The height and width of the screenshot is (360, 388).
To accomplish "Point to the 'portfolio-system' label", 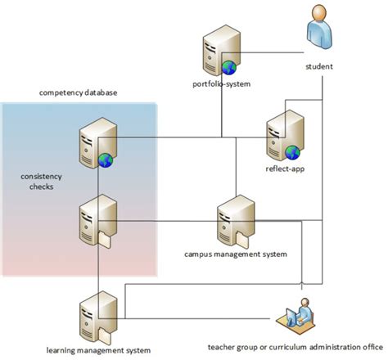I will pos(222,83).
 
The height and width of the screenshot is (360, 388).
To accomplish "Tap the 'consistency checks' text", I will pos(39,181).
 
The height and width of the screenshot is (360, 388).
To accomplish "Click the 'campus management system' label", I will pos(236,254).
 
